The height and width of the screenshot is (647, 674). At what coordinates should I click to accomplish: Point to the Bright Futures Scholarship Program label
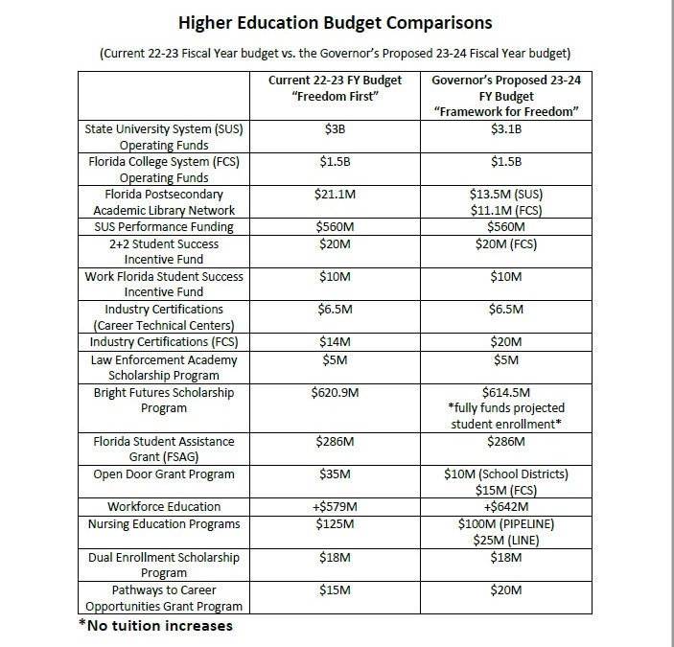(164, 401)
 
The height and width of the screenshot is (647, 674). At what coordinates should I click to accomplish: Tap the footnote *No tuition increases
(155, 626)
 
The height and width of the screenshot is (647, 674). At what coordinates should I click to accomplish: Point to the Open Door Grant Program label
(164, 474)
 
